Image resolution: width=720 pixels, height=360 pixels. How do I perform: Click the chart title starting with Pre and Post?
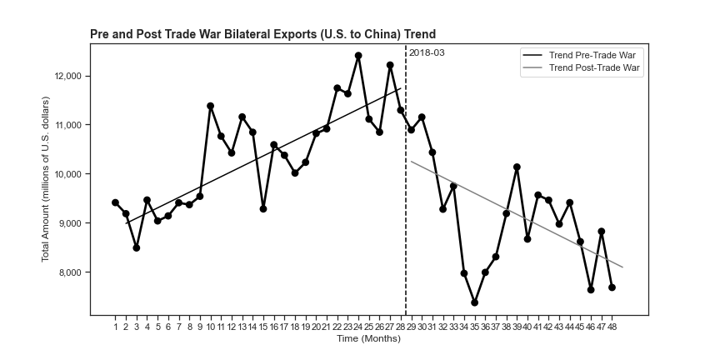point(262,34)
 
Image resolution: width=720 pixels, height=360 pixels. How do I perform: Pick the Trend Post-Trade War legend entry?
point(596,68)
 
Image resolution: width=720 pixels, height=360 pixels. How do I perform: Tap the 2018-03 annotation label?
point(427,52)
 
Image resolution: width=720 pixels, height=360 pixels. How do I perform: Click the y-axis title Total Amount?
point(47,179)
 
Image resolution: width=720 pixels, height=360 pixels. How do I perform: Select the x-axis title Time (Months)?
point(369,338)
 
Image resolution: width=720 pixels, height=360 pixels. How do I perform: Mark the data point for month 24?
point(358,56)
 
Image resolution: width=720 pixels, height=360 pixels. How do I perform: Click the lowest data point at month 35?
point(474,302)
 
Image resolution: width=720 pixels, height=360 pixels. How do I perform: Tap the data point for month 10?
point(210,106)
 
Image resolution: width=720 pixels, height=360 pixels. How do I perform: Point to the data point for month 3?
point(137,247)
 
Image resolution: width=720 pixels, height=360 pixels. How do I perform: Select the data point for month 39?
point(517,167)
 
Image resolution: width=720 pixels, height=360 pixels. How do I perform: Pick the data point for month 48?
point(612,287)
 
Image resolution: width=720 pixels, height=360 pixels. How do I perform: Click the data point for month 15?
point(263,208)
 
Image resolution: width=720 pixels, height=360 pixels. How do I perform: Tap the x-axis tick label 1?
point(115,328)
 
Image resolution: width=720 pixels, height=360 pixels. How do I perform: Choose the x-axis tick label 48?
point(612,328)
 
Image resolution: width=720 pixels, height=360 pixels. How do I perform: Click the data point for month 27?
point(390,65)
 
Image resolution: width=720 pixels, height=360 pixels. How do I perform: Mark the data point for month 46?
point(591,289)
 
